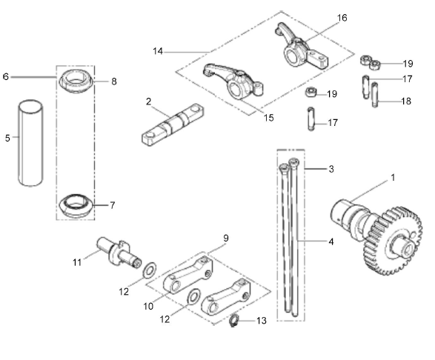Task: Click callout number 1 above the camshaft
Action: pyautogui.click(x=392, y=178)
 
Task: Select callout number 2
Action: pyautogui.click(x=148, y=101)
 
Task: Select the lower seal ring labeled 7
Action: pyautogui.click(x=76, y=203)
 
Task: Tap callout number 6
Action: pyautogui.click(x=7, y=76)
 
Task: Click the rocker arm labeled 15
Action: pyautogui.click(x=233, y=81)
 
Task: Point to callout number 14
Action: pyautogui.click(x=158, y=52)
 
